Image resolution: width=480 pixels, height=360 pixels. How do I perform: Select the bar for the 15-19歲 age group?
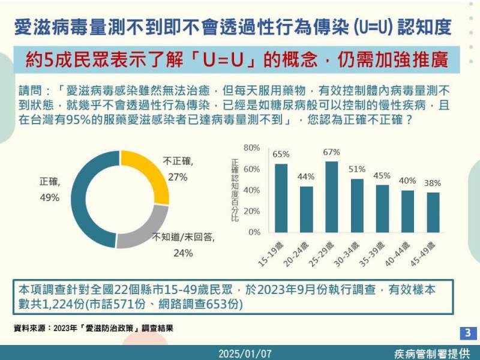point(281,198)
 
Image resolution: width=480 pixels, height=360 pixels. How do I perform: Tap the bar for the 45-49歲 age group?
point(433,212)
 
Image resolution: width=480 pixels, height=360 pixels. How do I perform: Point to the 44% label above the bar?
point(306,177)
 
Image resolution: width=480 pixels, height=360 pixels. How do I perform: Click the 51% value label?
point(357,169)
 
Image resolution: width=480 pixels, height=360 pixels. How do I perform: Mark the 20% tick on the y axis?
point(251,211)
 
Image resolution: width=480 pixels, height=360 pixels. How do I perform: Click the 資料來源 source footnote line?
point(97,328)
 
